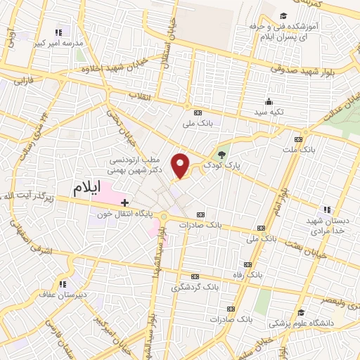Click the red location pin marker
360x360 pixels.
pos(181,165)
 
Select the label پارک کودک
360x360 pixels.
pos(222,165)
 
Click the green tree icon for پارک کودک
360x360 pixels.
pos(222,153)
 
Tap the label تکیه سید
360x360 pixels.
pos(269,112)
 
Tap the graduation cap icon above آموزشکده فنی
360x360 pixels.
pos(283,16)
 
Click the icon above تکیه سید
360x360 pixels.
pos(269,101)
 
